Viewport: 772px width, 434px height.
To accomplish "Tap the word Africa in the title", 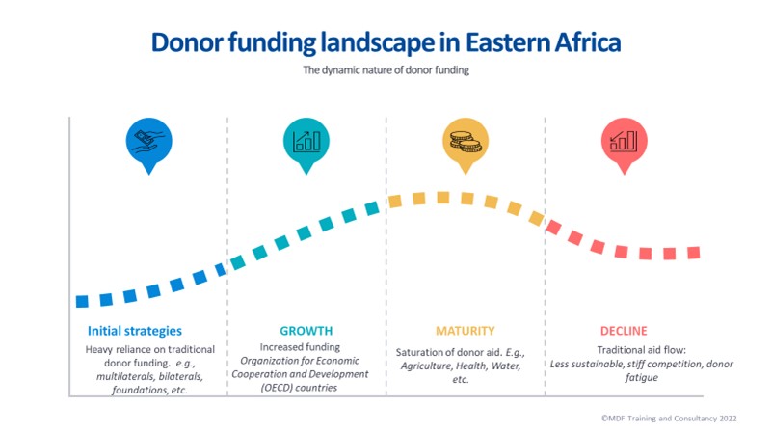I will click(578, 43).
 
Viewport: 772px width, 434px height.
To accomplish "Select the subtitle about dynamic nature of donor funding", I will click(386, 70).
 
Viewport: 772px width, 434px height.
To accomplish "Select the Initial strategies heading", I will click(134, 330).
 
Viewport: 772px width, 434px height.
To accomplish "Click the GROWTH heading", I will click(306, 330).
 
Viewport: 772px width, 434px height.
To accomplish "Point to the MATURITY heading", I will click(465, 330).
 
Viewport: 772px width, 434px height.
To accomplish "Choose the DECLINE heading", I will click(622, 330).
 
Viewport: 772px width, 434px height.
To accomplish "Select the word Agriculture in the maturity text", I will click(431, 366).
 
